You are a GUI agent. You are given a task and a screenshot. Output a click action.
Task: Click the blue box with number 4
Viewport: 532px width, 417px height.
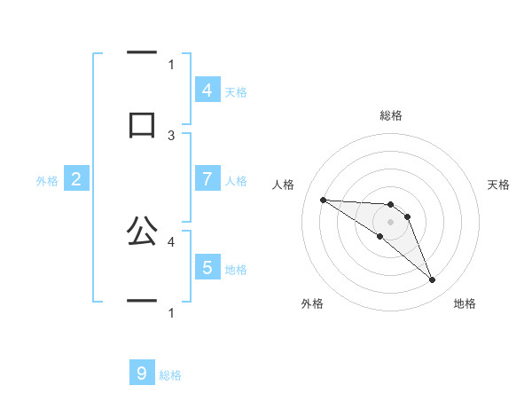click(207, 90)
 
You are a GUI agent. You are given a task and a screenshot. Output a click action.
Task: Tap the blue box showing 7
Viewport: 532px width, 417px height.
click(207, 179)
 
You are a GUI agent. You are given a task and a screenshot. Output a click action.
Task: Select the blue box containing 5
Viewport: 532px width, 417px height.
click(207, 268)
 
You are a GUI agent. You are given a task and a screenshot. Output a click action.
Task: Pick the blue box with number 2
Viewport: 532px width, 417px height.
click(76, 179)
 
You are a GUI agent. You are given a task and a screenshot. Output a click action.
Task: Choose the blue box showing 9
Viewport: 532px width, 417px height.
click(141, 374)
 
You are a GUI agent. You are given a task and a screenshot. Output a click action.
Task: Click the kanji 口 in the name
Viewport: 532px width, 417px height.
click(142, 123)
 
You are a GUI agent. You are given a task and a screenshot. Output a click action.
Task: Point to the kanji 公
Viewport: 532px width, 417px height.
click(142, 232)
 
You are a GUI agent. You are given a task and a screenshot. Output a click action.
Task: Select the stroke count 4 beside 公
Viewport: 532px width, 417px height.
click(171, 240)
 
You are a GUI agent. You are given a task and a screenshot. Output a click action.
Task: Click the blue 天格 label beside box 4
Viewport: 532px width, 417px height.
click(236, 92)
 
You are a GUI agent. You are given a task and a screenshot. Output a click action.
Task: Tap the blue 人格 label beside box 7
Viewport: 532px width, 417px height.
click(236, 181)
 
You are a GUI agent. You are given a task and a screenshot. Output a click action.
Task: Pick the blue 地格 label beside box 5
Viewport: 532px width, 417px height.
click(236, 270)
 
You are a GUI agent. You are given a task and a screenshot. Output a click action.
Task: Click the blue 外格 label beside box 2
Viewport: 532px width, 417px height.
click(47, 181)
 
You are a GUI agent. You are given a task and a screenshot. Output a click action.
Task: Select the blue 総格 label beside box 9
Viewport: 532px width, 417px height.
click(170, 375)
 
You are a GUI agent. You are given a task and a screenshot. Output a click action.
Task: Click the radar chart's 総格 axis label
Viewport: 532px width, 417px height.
click(391, 115)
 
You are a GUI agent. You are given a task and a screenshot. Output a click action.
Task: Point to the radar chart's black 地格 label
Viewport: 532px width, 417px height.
click(465, 303)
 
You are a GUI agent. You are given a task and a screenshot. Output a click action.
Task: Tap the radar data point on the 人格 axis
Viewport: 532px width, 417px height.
click(323, 200)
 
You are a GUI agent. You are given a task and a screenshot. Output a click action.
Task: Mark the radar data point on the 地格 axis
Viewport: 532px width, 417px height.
click(432, 280)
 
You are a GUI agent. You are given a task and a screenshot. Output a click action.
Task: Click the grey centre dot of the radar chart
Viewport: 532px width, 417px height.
click(391, 221)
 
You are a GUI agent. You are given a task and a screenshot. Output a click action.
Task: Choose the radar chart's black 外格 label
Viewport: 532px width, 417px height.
click(312, 303)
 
